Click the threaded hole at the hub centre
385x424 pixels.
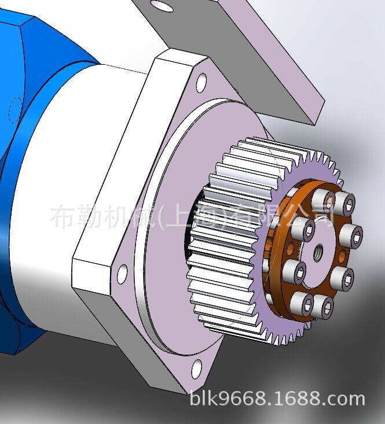(318, 252)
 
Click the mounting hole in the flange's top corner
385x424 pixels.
(201, 83)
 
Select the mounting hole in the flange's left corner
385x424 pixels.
(122, 274)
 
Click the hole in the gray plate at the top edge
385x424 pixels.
(162, 6)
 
